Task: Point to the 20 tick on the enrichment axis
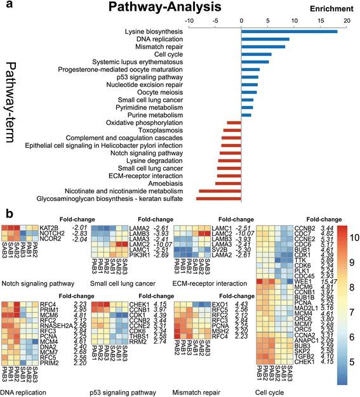click(347, 20)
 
